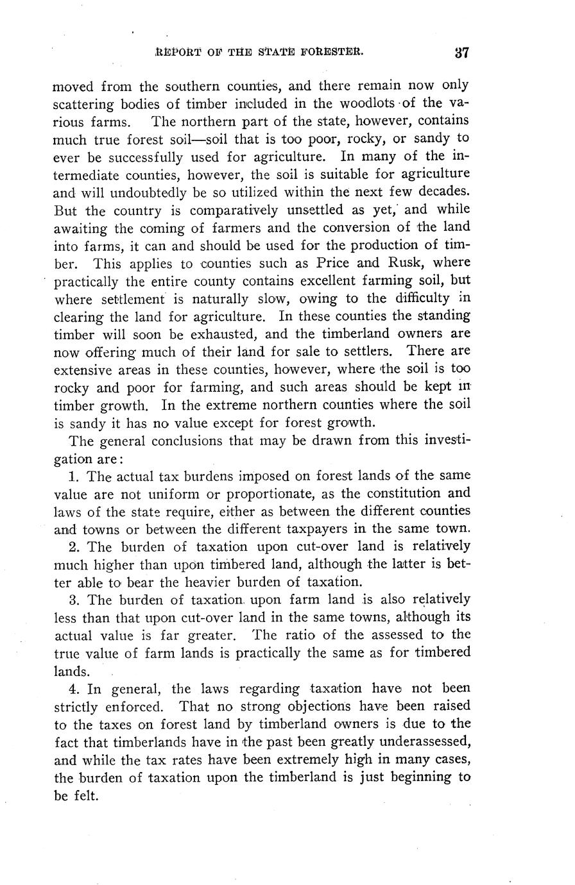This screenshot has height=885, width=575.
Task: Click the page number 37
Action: click(x=461, y=53)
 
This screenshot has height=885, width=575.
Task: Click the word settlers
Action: click(x=367, y=352)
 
